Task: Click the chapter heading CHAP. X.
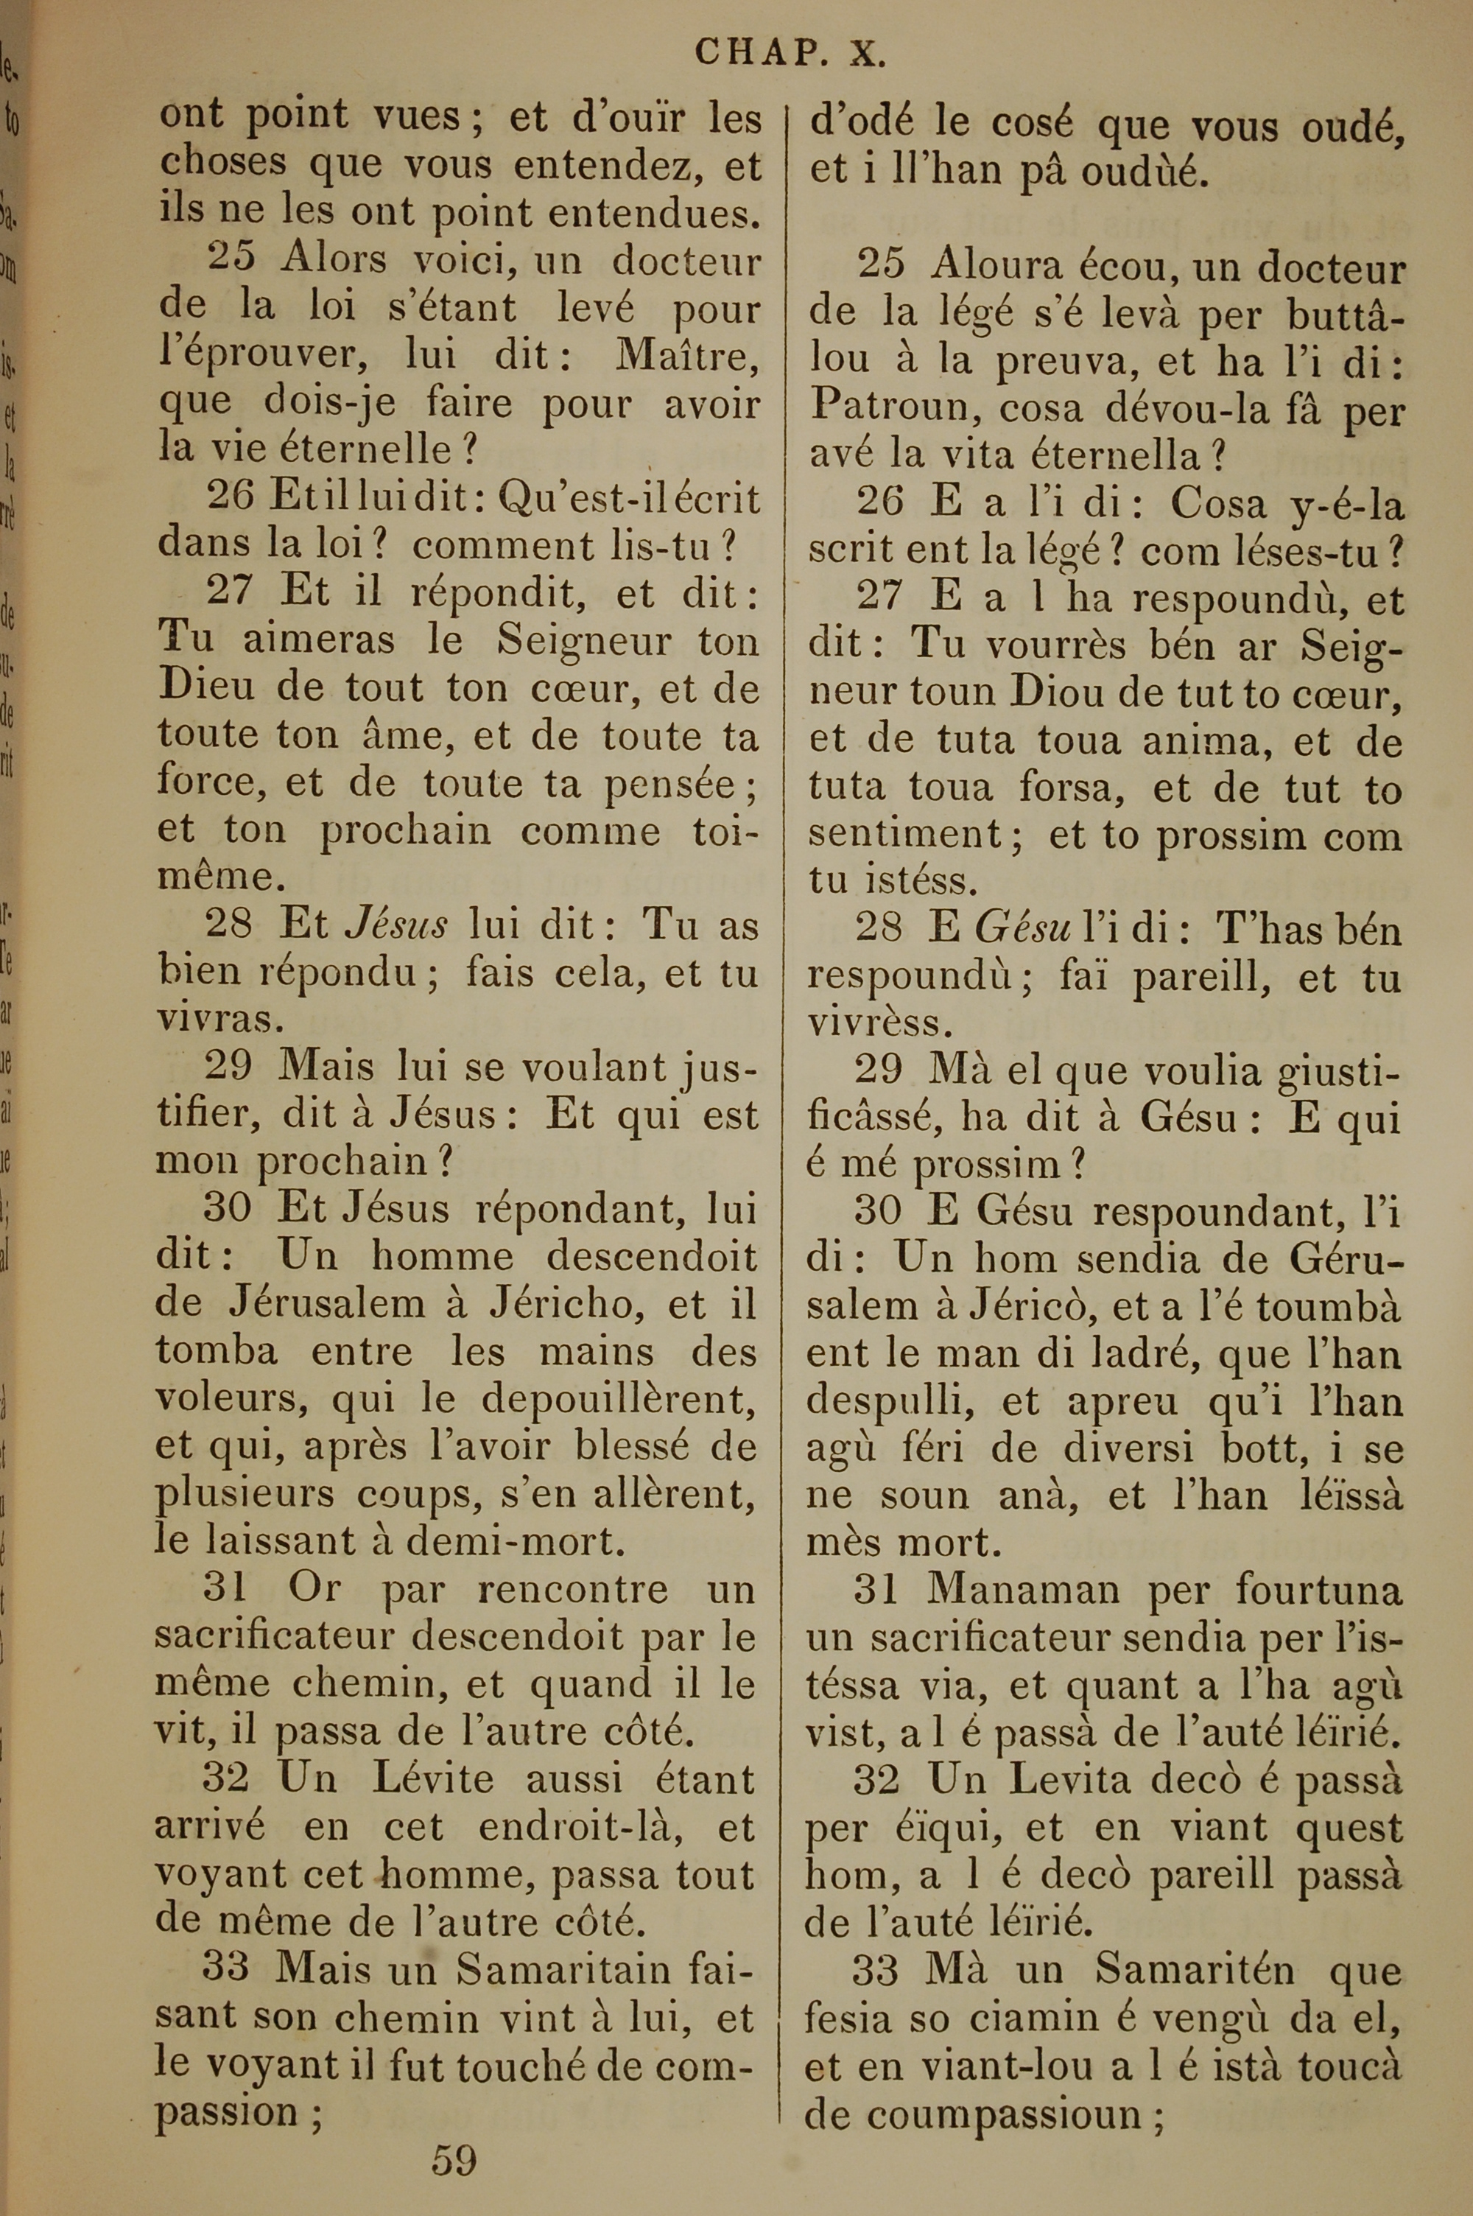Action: [790, 54]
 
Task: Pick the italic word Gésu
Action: [1023, 930]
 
